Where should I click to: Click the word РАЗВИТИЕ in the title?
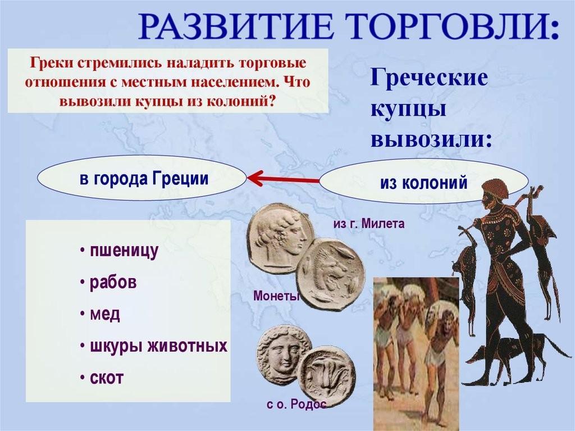pos(236,26)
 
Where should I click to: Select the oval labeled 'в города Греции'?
pos(142,179)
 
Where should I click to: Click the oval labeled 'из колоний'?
pos(423,182)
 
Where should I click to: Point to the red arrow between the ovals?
pos(283,179)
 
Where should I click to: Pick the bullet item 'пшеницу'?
pos(120,252)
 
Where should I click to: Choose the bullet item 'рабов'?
pos(109,283)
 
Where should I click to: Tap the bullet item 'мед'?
pos(101,314)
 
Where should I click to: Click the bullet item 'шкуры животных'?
pos(154,346)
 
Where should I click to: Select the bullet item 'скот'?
pos(102,378)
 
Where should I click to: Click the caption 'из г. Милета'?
pos(369,224)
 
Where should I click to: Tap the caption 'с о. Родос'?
pos(296,405)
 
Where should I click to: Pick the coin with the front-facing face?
pos(282,353)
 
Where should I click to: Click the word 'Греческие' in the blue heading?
pos(429,79)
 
